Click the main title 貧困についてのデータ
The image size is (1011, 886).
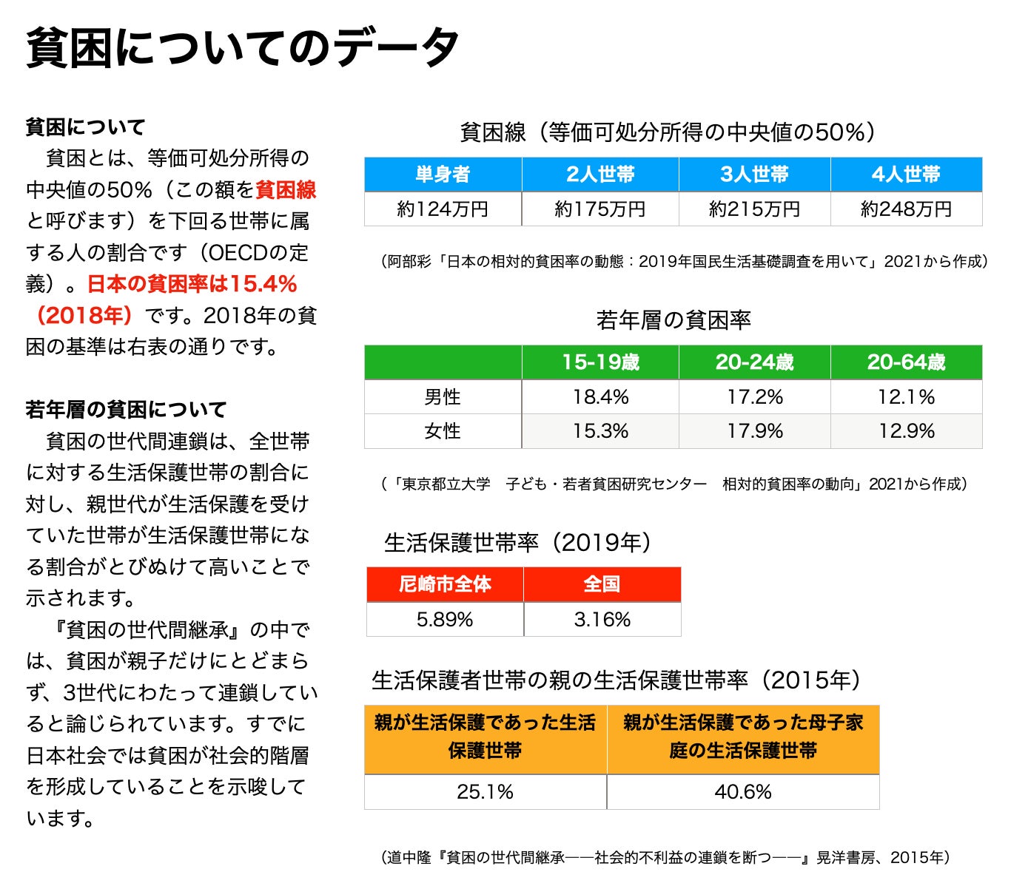click(x=242, y=48)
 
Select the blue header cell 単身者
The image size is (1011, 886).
click(x=443, y=175)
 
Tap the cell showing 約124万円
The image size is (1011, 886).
click(x=443, y=209)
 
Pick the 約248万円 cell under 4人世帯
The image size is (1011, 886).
click(x=906, y=209)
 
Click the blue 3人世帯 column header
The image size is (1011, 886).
click(x=754, y=175)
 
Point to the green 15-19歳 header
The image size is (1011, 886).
click(x=600, y=362)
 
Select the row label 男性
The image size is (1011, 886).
click(x=443, y=397)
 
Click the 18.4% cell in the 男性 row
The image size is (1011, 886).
click(x=600, y=397)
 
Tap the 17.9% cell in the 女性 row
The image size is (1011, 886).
click(x=754, y=431)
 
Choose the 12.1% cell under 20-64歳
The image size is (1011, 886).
click(x=906, y=397)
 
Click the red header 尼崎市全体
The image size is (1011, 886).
click(x=445, y=584)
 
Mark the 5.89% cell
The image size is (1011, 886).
click(x=445, y=619)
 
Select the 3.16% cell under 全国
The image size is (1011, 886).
click(x=602, y=619)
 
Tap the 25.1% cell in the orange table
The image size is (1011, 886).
click(x=485, y=792)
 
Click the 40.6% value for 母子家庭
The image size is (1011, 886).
click(x=743, y=792)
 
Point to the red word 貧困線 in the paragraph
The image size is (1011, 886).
click(x=286, y=190)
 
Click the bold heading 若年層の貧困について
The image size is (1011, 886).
click(x=126, y=409)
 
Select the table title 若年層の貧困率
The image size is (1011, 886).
click(x=673, y=320)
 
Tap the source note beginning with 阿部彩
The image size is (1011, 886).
click(x=684, y=261)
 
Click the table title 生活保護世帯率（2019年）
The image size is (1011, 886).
click(x=517, y=543)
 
